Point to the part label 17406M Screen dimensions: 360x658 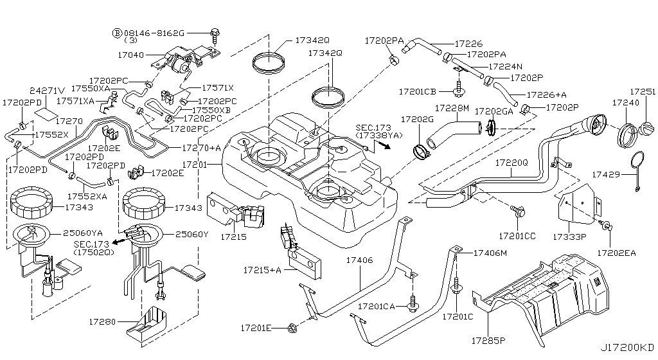tap(490, 253)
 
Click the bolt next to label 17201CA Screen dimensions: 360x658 tap(411, 300)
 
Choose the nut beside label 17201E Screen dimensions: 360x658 tap(292, 328)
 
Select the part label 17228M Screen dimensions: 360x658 tap(452, 108)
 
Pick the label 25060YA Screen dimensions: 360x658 tap(87, 232)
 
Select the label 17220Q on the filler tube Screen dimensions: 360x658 tap(511, 163)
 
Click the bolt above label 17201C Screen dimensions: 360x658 tap(456, 283)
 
